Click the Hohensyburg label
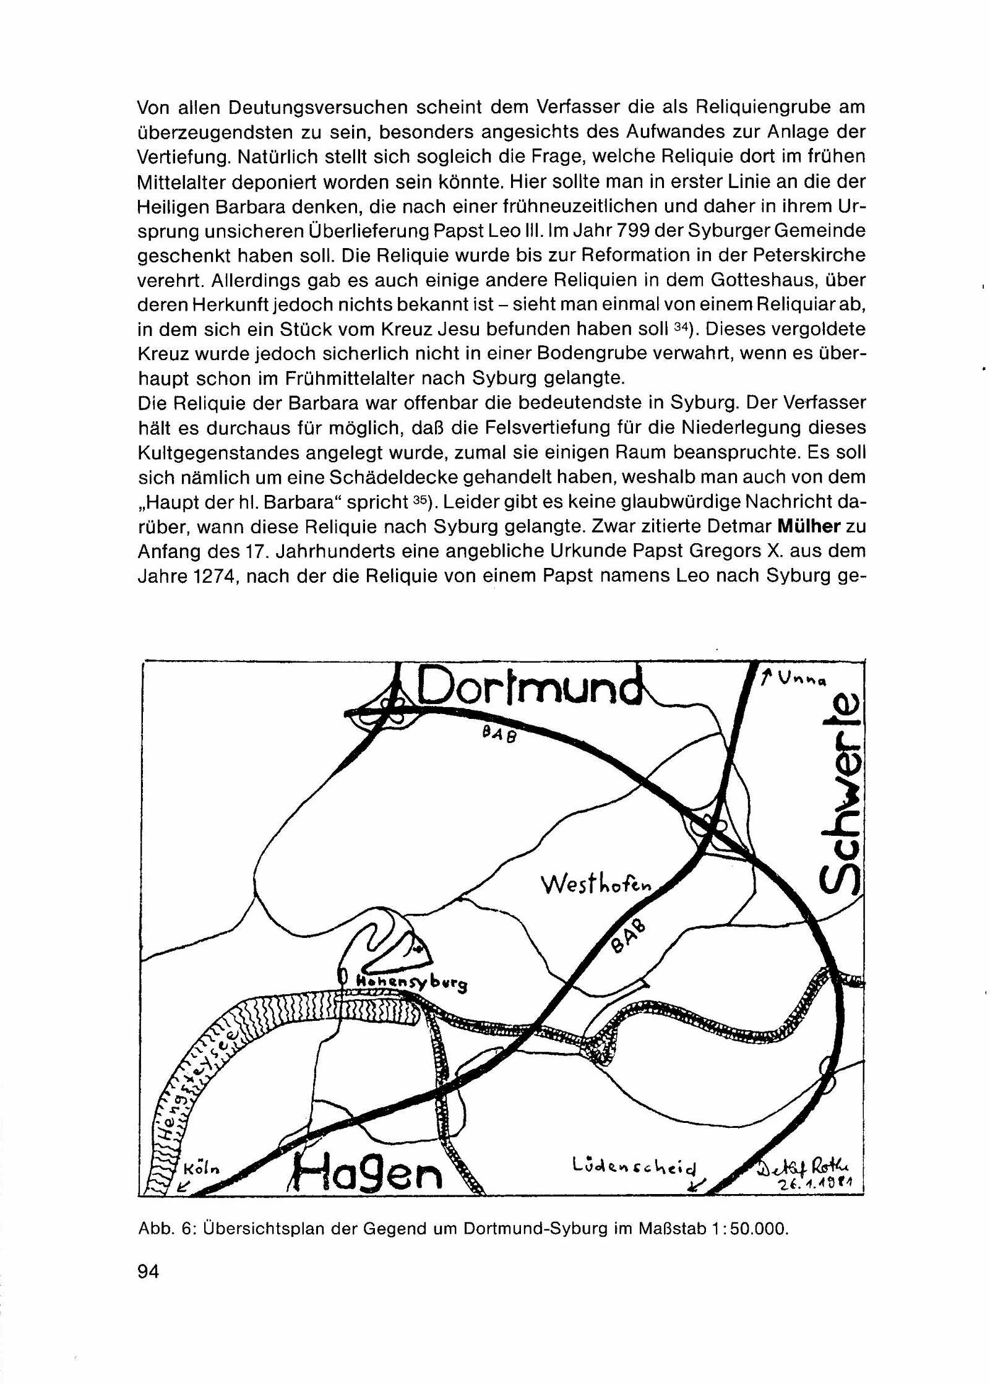(411, 982)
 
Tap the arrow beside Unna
(767, 677)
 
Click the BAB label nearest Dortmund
(499, 736)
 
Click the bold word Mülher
(808, 527)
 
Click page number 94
(148, 1271)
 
